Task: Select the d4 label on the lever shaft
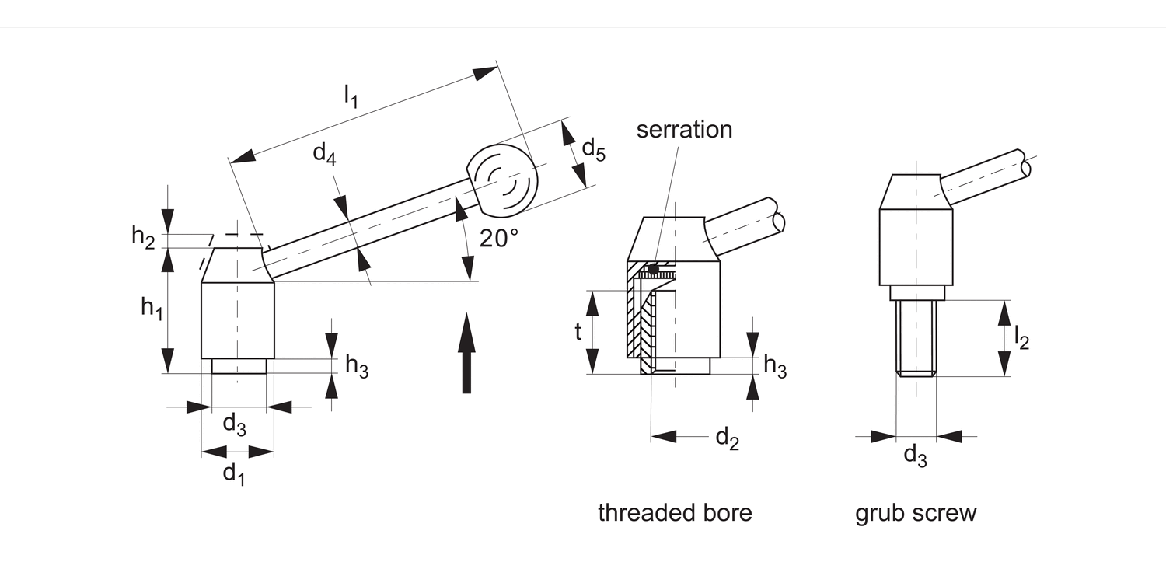click(325, 154)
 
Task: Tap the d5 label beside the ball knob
click(593, 148)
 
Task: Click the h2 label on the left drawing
click(143, 236)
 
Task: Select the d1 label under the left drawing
click(234, 472)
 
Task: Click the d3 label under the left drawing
click(235, 424)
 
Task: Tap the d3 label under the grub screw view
click(915, 456)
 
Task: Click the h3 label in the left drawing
click(357, 366)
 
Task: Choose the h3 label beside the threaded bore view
click(775, 366)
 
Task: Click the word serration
click(684, 129)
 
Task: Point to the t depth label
click(578, 332)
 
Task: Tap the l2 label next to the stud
click(1021, 338)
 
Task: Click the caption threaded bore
click(675, 513)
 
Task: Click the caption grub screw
click(916, 513)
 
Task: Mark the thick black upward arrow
click(466, 353)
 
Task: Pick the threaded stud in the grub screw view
click(916, 338)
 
